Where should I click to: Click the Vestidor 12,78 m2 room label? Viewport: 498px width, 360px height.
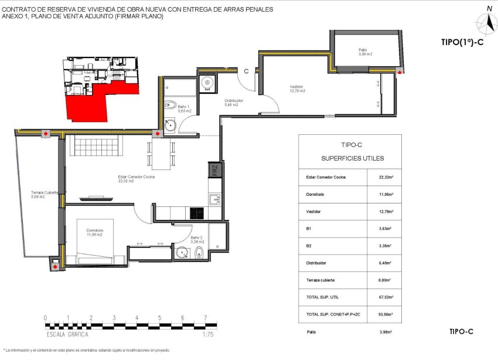point(298,89)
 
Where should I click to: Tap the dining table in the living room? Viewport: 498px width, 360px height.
point(160,154)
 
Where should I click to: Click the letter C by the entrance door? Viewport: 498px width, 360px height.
point(247,71)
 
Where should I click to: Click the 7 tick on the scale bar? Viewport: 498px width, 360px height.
point(205,318)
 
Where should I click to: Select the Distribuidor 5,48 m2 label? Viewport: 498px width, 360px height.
point(234,103)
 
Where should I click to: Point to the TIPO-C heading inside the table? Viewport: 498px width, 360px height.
point(350,144)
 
